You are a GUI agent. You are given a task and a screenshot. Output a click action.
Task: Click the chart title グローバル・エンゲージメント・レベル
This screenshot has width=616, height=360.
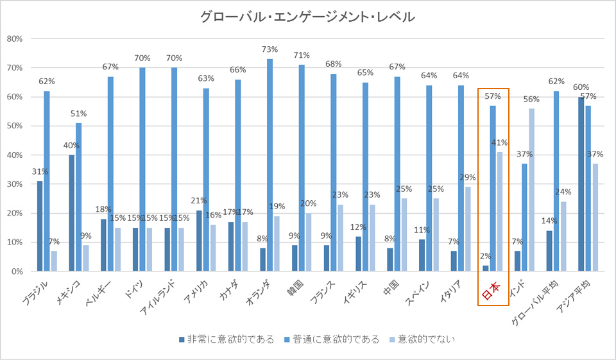307,17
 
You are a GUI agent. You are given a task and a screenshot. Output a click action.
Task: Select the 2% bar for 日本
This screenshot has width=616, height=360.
486,268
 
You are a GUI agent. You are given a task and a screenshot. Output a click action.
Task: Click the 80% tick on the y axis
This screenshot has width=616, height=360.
14,39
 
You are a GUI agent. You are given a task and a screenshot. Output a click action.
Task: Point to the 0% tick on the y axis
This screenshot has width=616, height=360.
17,271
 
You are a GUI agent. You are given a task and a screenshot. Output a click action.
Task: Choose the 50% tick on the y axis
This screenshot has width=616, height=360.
14,126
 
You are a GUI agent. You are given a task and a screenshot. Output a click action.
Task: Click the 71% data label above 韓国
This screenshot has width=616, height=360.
302,55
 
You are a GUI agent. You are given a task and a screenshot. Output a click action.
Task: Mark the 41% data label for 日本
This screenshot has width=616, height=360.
499,142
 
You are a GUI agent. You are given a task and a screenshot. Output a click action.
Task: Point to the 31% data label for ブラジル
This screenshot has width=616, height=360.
40,171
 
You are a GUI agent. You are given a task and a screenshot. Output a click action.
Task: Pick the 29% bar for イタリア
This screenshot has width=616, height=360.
468,229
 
